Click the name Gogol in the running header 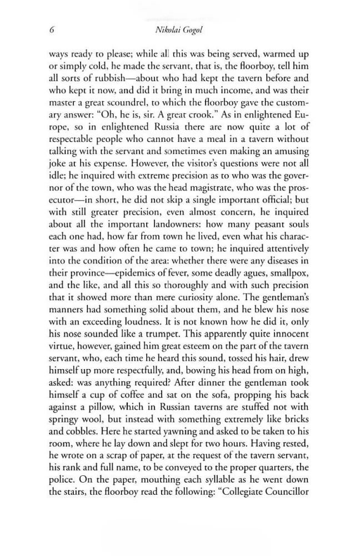[x=199, y=33]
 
